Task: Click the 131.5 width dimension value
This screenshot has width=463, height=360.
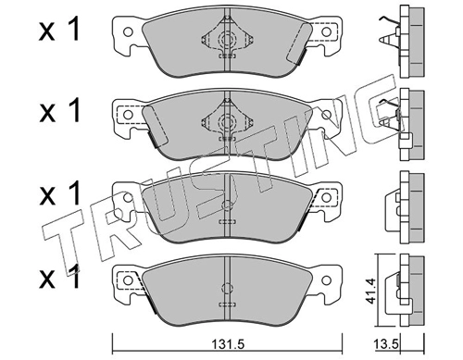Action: point(228,343)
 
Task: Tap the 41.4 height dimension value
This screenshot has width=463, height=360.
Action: point(370,291)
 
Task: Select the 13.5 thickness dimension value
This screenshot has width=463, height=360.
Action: point(384,343)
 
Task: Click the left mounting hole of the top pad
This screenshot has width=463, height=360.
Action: point(128,31)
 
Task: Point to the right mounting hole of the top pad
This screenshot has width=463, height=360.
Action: point(326,31)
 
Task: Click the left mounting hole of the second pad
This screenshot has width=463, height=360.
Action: point(128,115)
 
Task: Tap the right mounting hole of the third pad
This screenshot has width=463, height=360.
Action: point(326,197)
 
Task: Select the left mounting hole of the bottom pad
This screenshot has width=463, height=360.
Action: point(128,280)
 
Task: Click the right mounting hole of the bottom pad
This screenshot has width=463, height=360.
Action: point(326,280)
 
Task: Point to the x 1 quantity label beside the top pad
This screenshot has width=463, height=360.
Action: point(59,30)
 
